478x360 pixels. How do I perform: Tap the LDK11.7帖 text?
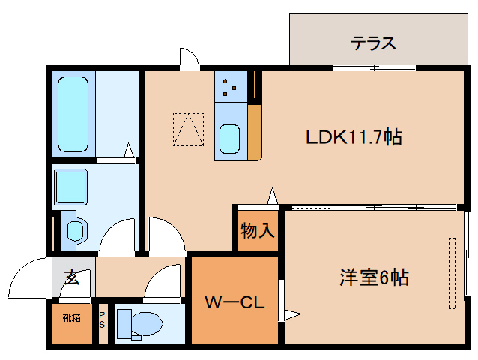354,137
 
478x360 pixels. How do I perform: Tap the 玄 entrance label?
72,278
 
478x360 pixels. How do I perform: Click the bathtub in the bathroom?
73,112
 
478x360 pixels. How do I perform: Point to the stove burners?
230,88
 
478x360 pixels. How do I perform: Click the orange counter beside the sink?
255,133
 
